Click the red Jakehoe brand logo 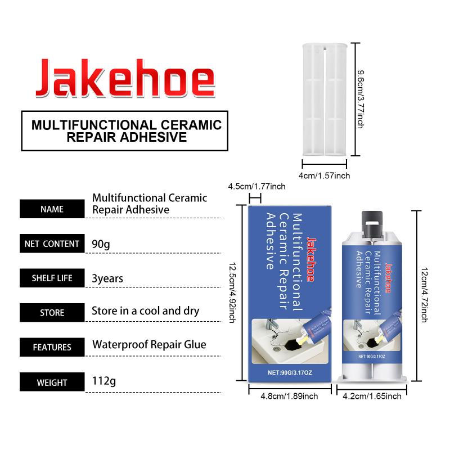tap(125, 77)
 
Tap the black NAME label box tap(52, 209)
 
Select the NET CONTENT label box tap(52, 244)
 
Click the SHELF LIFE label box tap(52, 278)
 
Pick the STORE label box tap(52, 312)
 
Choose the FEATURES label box tap(52, 347)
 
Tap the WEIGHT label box tap(52, 382)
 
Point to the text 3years tap(107, 278)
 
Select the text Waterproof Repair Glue tap(149, 345)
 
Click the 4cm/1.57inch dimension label tap(324, 175)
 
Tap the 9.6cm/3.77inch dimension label tap(361, 98)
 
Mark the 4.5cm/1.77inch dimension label tap(257, 187)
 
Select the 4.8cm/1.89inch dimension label tap(289, 396)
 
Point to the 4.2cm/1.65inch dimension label tap(372, 396)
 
